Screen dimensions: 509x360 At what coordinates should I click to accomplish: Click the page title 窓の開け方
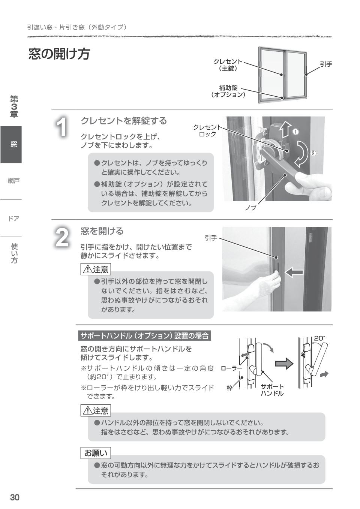(x=59, y=54)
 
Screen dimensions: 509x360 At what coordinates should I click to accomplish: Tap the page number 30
(x=15, y=497)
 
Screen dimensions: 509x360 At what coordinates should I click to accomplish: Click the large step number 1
(x=62, y=127)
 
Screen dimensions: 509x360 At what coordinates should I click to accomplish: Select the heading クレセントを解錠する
(x=124, y=121)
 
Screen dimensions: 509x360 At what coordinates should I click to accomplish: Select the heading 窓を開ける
(x=102, y=231)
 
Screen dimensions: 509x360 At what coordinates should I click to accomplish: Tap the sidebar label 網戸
(x=14, y=181)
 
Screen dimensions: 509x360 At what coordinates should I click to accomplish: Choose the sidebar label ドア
(x=14, y=219)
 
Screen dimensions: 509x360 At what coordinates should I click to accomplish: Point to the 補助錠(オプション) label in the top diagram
(x=228, y=91)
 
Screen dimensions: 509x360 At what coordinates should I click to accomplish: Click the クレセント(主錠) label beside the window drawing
(x=228, y=65)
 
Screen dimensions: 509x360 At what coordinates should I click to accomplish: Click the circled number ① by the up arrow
(x=295, y=132)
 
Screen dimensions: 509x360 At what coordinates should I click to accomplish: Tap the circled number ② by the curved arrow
(x=313, y=153)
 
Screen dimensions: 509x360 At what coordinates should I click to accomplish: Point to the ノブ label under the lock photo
(x=250, y=207)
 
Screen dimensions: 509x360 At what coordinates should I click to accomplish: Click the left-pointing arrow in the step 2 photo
(x=294, y=272)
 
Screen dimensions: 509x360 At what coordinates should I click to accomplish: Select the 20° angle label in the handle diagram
(x=319, y=338)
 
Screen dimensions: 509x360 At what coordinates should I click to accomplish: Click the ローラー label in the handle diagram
(x=231, y=368)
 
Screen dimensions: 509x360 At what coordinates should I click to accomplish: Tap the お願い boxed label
(x=96, y=453)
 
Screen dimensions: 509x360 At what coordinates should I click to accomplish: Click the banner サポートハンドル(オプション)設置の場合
(x=145, y=335)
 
